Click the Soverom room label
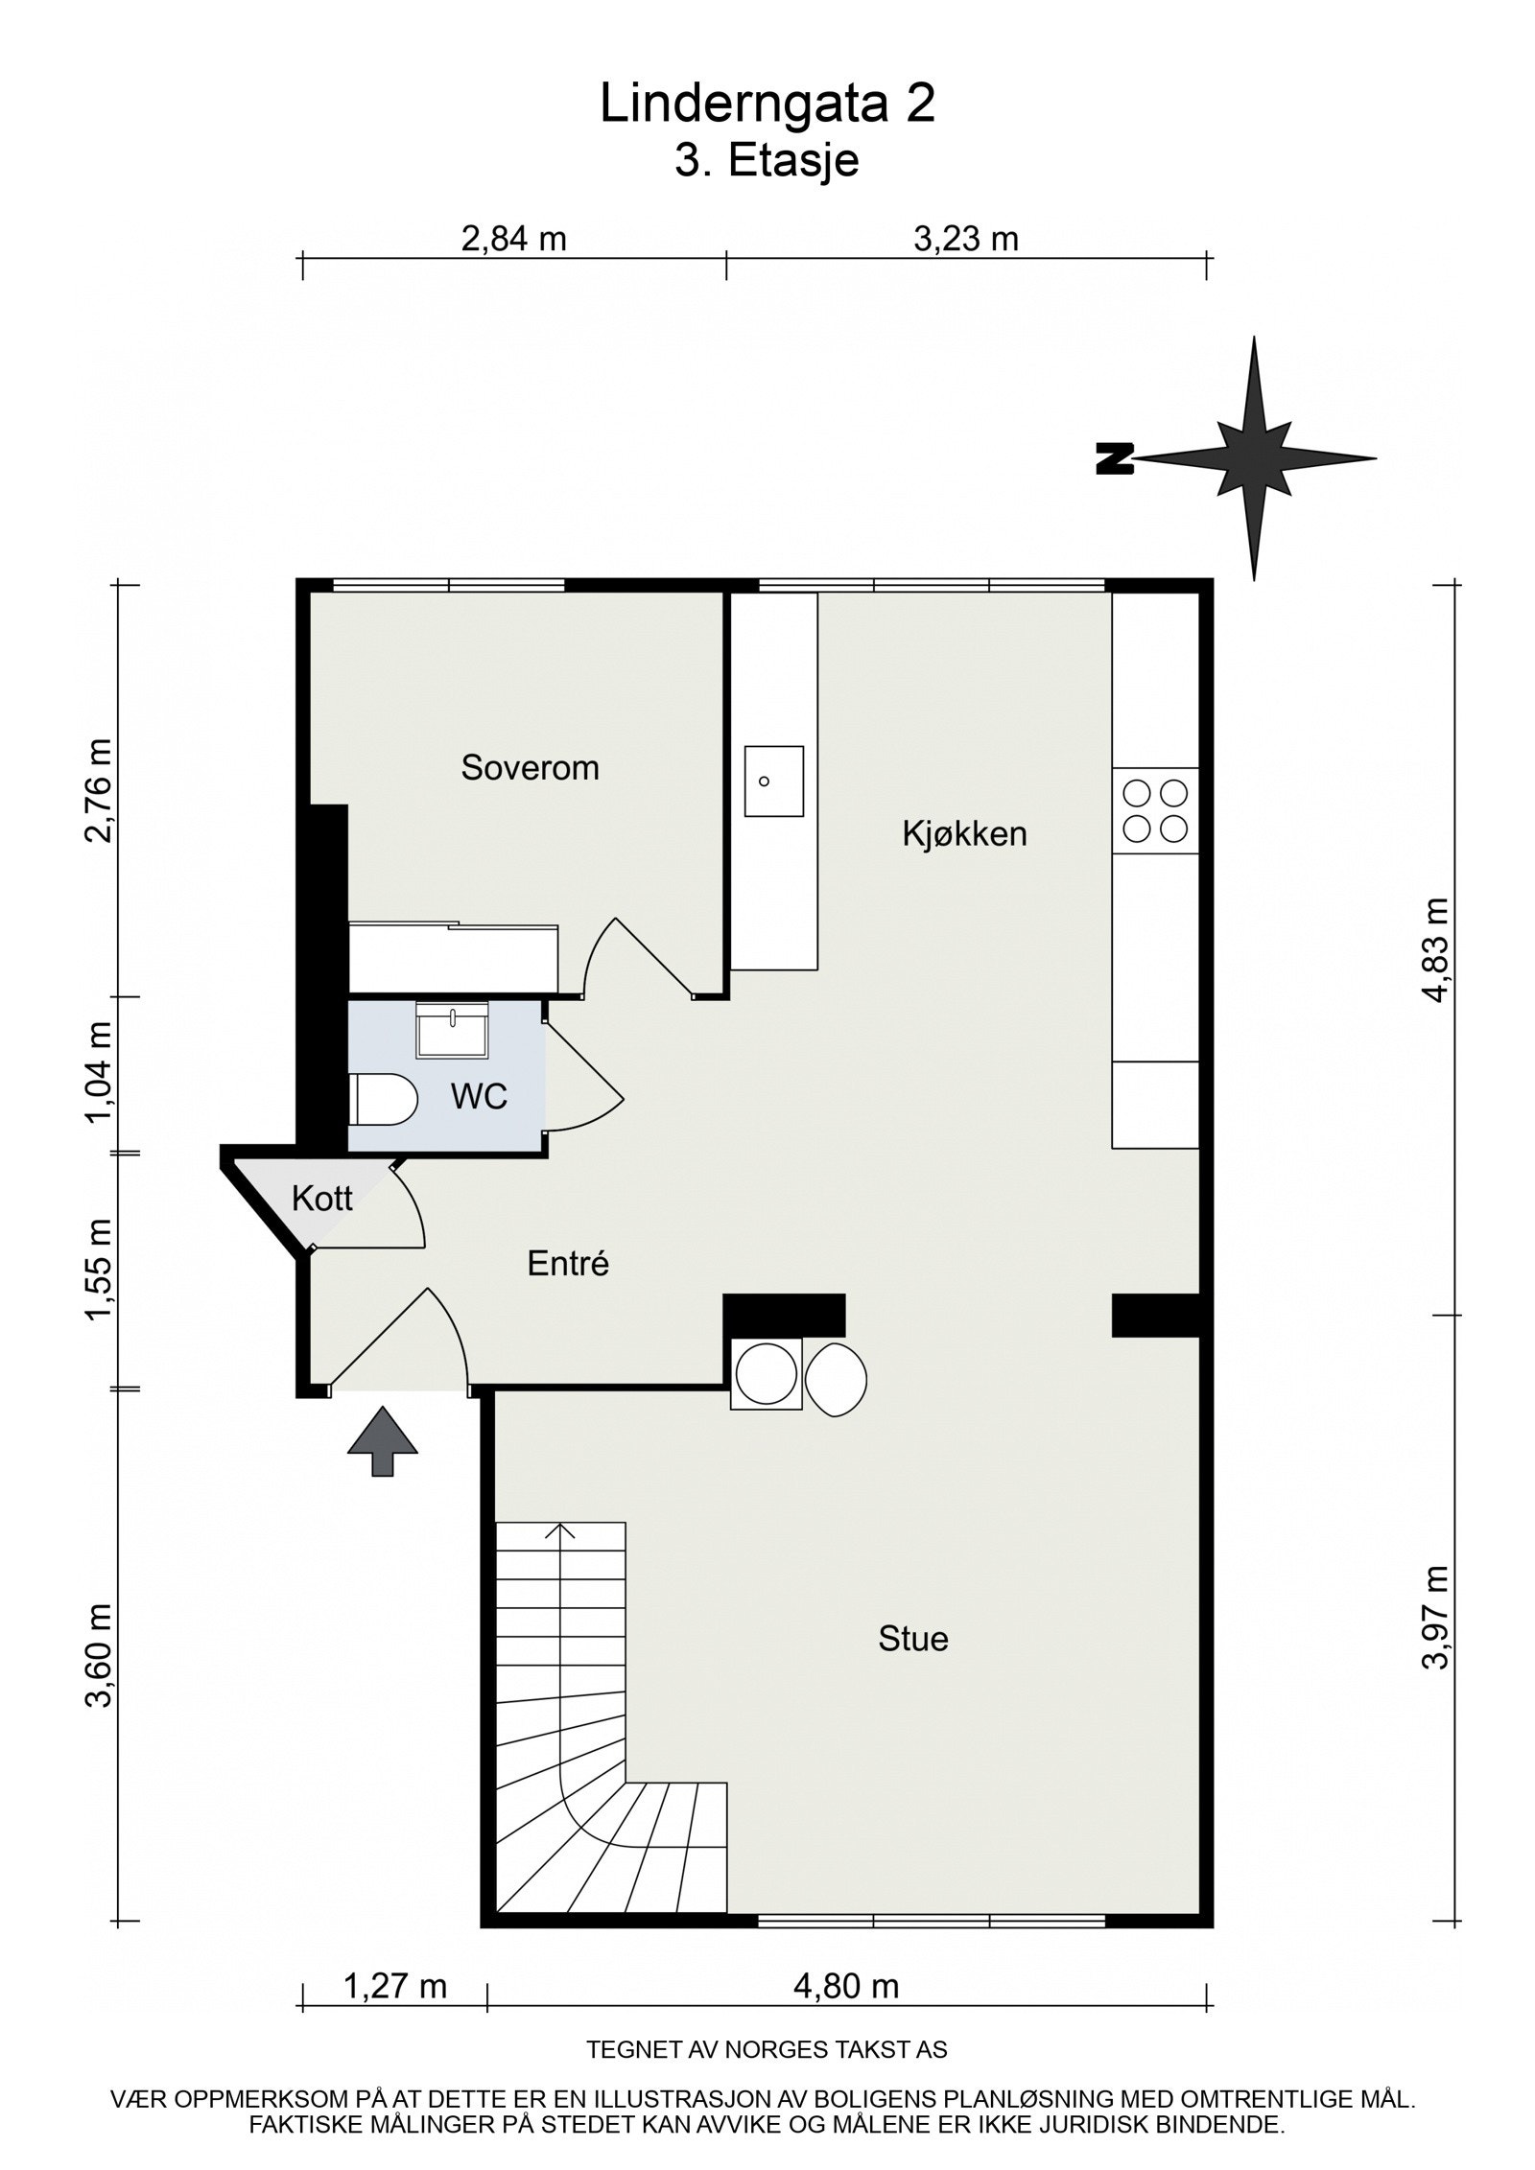(530, 767)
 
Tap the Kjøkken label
(963, 833)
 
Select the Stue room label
(912, 1638)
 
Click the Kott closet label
(322, 1199)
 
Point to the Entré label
(568, 1264)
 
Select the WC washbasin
(453, 1030)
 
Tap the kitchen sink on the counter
(773, 781)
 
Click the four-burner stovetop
(1155, 810)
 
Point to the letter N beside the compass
(1115, 459)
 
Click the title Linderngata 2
(767, 104)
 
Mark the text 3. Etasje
(767, 160)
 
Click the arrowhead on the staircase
(560, 1530)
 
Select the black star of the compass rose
(1254, 458)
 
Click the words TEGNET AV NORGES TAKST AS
(767, 2050)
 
